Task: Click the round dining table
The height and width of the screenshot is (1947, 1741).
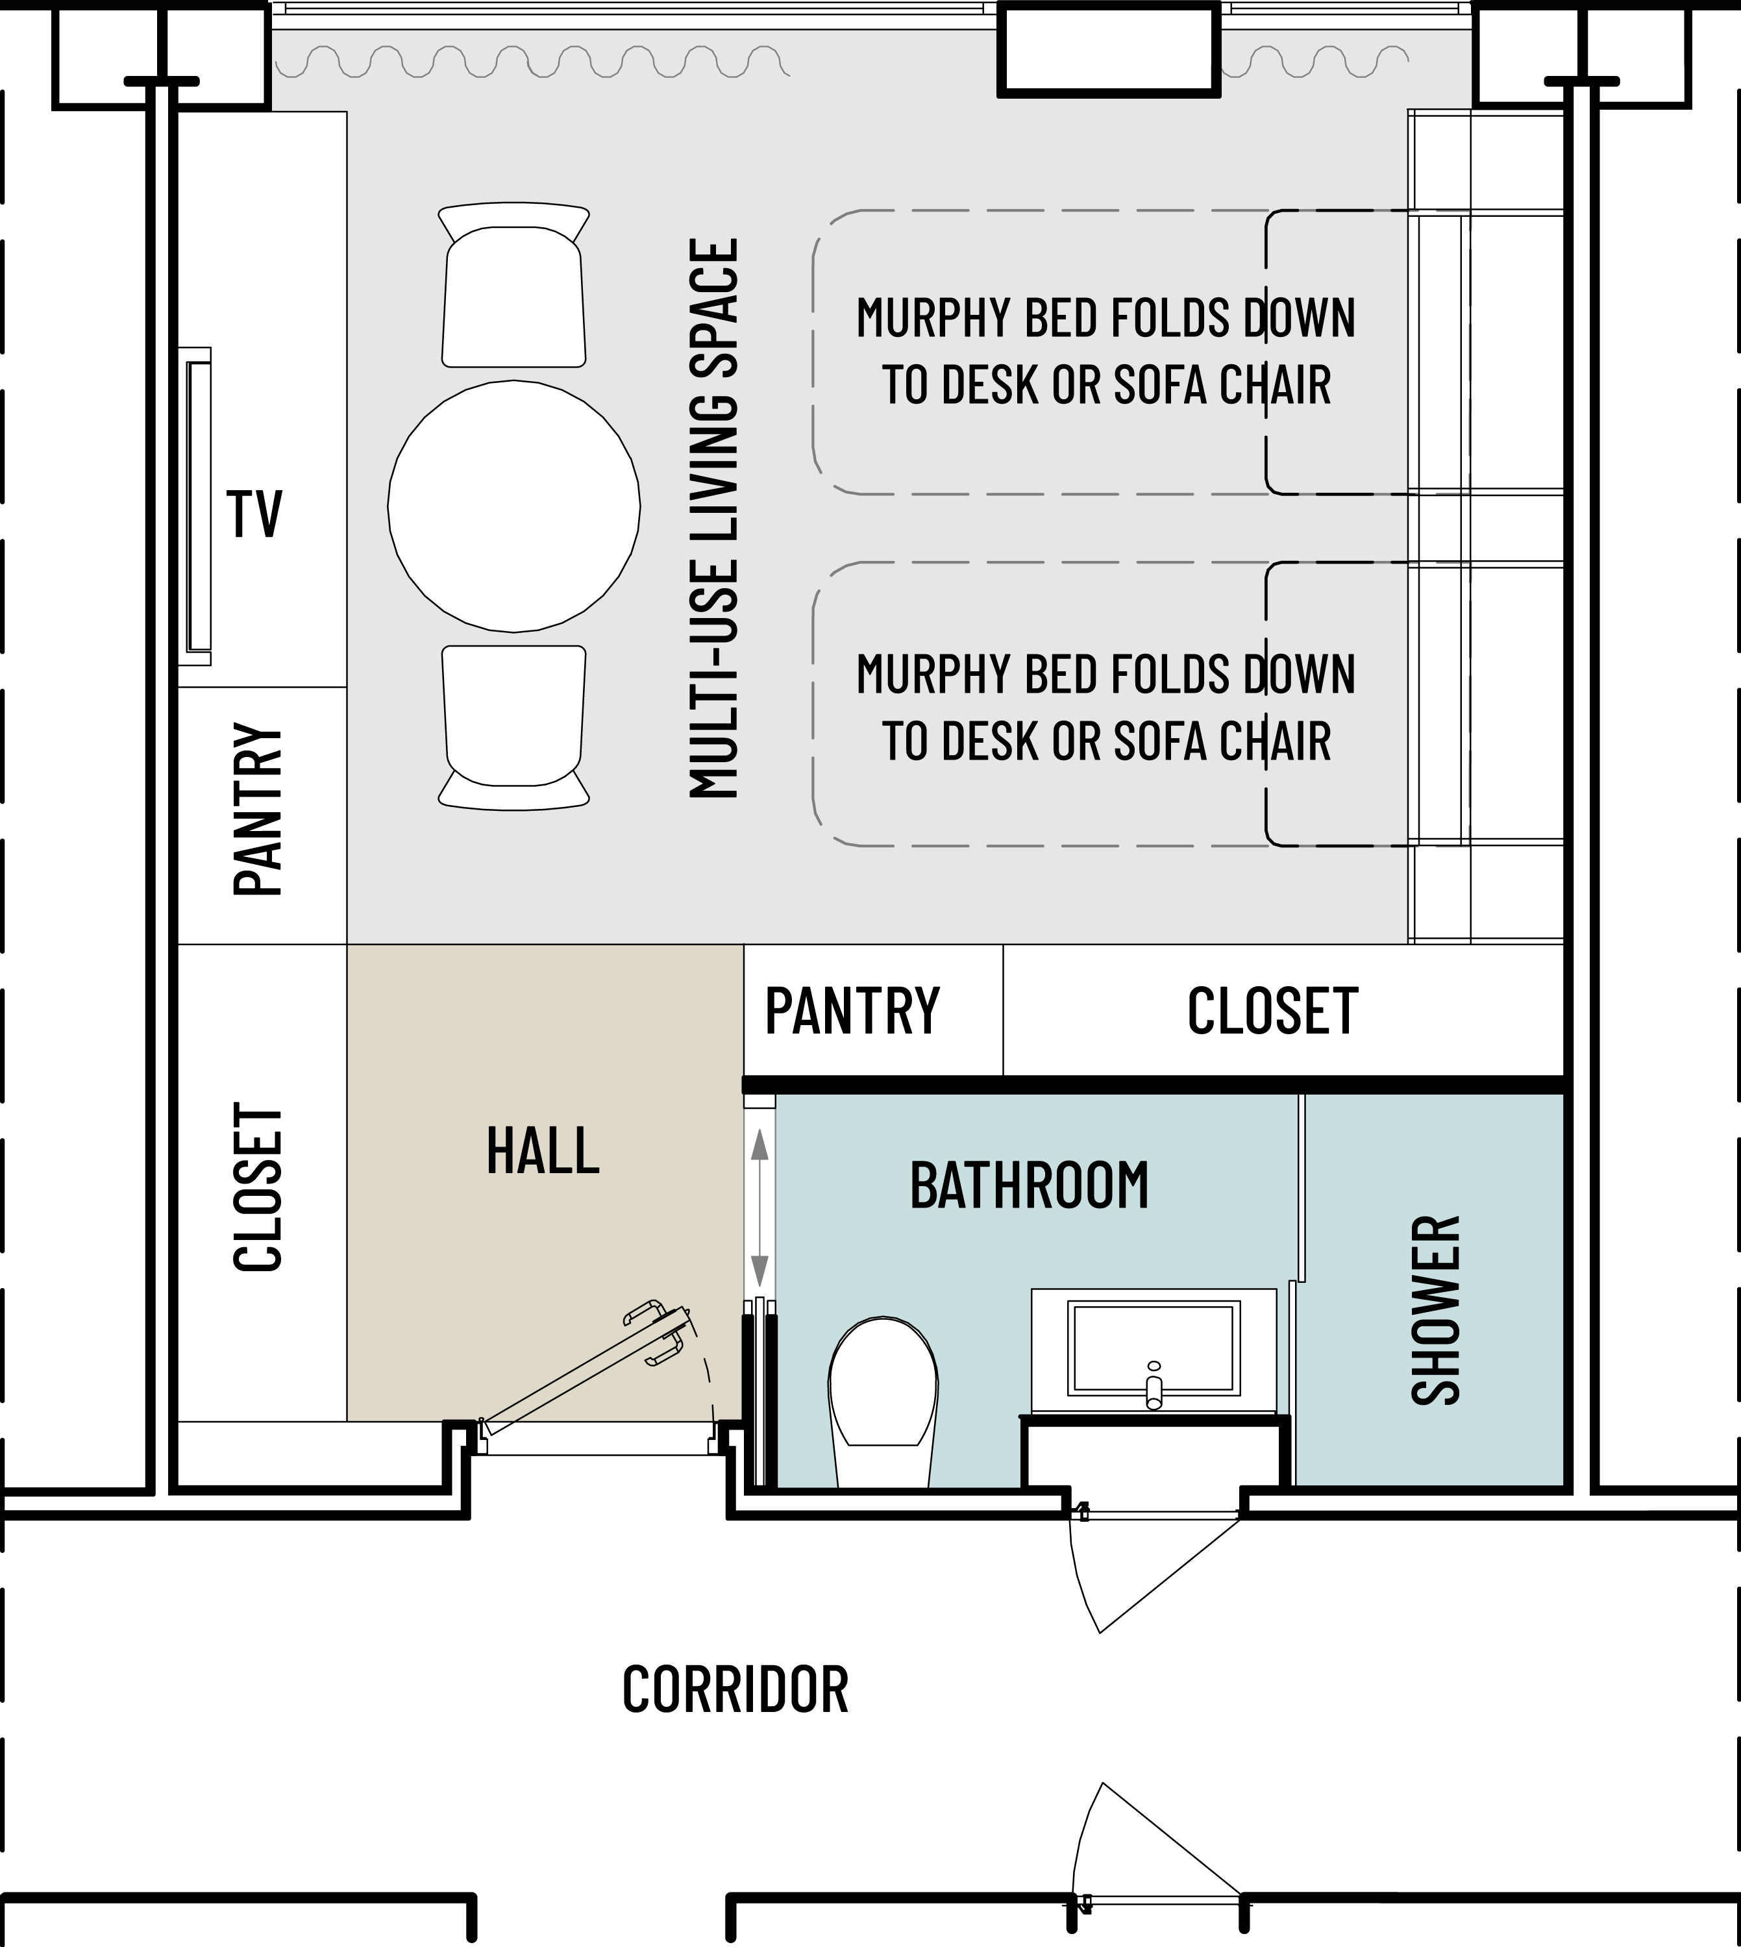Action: point(513,506)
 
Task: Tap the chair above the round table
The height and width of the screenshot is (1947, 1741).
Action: point(513,284)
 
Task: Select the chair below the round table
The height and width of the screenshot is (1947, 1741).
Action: point(513,727)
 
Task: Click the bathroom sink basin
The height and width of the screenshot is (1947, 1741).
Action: point(1154,1348)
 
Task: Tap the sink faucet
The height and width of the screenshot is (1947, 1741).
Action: point(1154,1384)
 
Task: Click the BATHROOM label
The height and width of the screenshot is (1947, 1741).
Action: point(1030,1185)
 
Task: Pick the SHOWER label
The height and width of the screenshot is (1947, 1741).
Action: point(1436,1310)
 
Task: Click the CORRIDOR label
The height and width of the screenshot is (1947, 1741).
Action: point(735,1690)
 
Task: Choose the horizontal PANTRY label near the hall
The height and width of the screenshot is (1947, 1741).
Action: point(852,1011)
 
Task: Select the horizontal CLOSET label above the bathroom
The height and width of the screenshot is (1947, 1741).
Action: point(1272,1011)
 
